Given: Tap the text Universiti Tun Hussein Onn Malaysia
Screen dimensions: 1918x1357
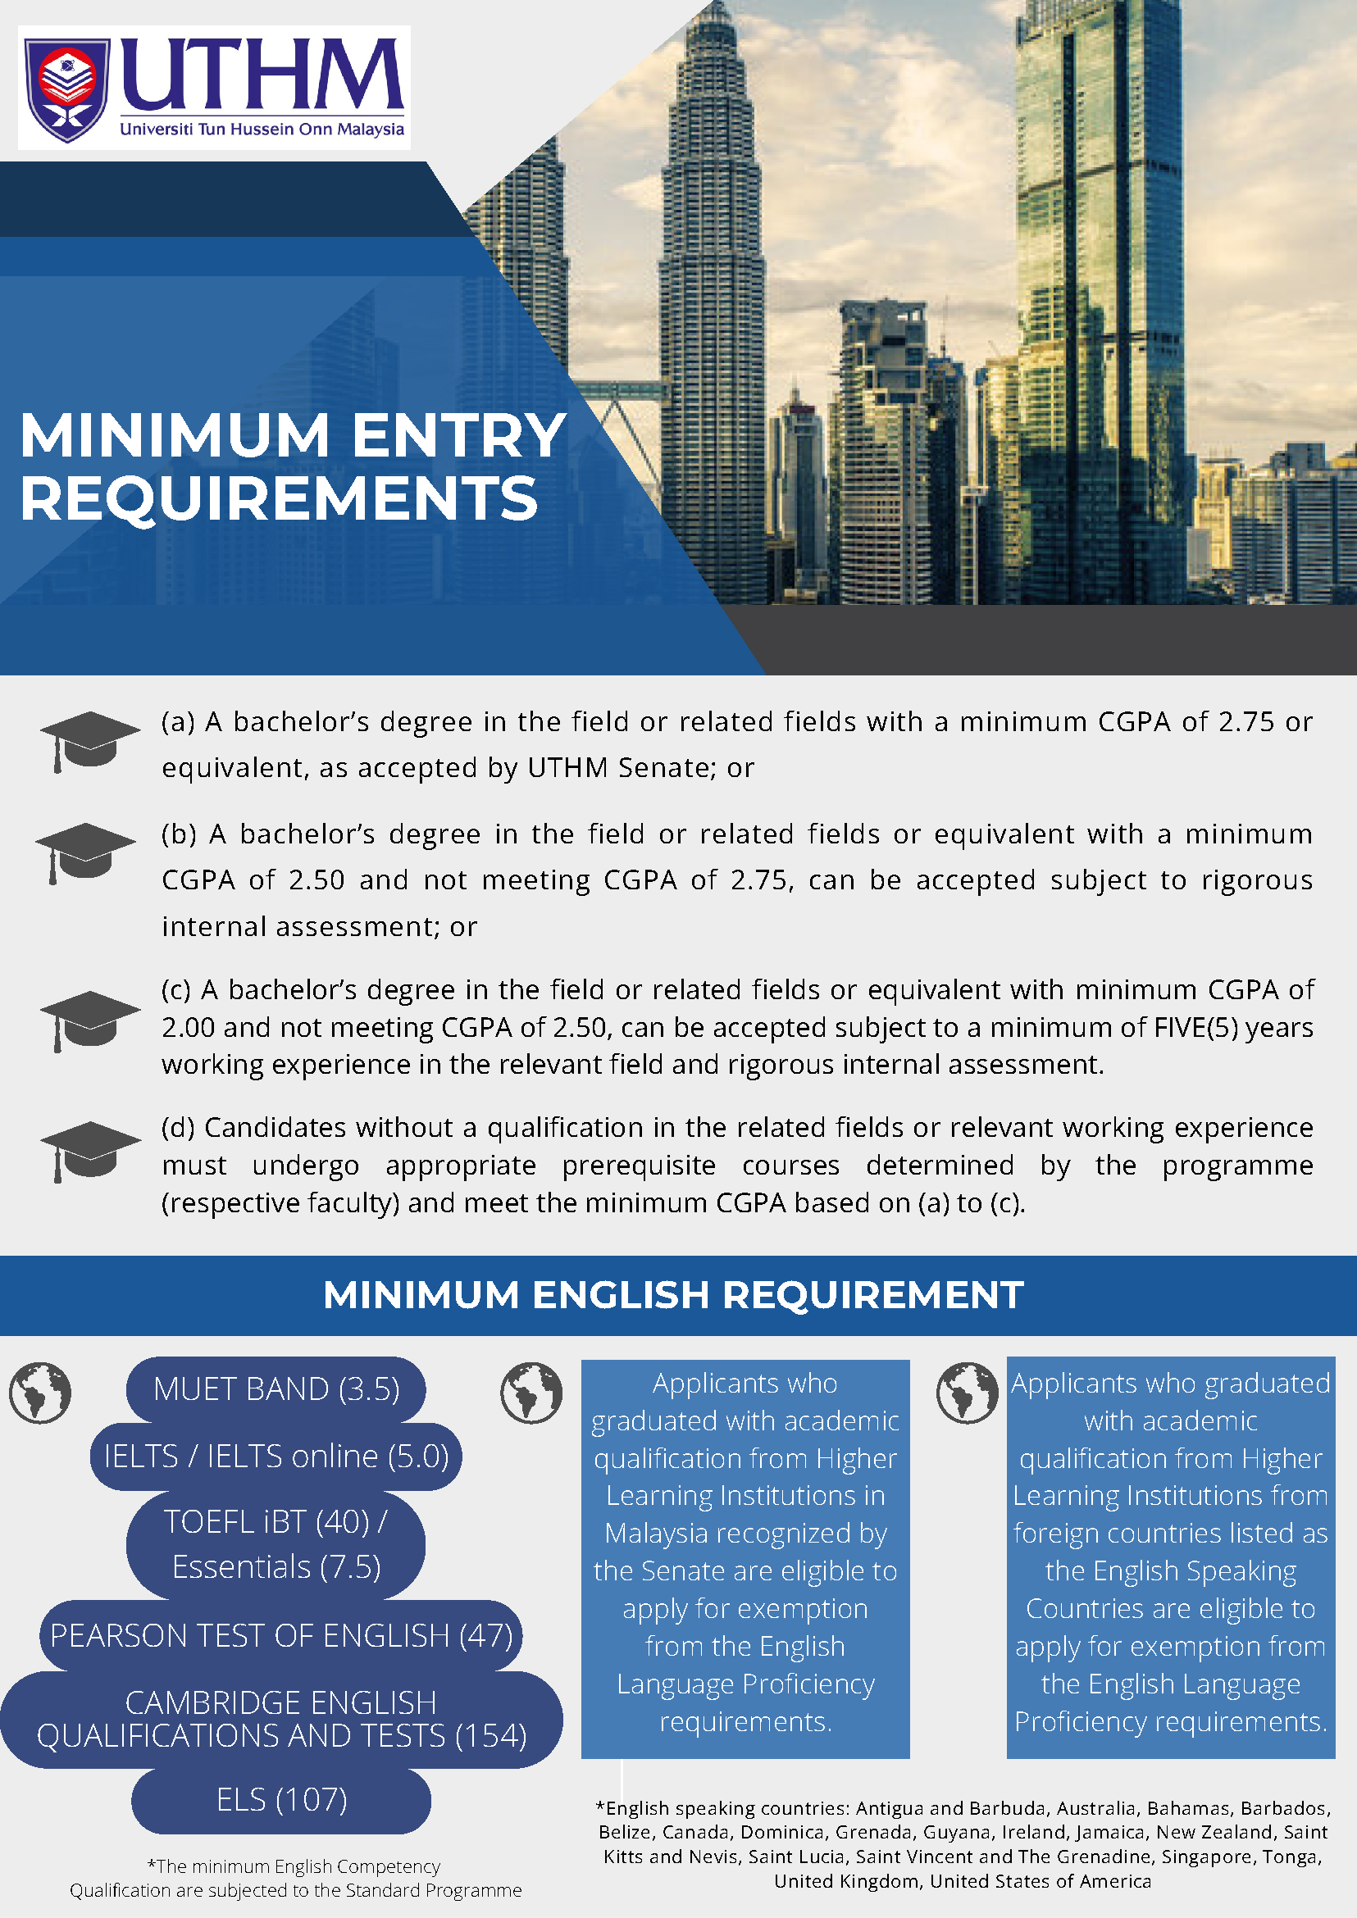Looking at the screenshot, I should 262,130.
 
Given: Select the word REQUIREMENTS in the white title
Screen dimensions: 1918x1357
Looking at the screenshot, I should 278,498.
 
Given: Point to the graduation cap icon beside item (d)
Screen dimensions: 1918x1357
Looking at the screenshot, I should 89,1150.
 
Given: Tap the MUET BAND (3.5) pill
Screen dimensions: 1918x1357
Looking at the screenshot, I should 275,1389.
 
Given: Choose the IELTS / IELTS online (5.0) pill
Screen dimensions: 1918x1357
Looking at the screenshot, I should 275,1456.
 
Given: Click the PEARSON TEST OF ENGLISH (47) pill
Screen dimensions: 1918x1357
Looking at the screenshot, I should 280,1635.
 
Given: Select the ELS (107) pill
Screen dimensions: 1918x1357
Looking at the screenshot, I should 280,1799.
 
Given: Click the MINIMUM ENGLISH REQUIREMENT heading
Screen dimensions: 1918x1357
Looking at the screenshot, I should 673,1296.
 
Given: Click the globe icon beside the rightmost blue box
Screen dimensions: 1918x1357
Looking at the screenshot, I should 967,1393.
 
